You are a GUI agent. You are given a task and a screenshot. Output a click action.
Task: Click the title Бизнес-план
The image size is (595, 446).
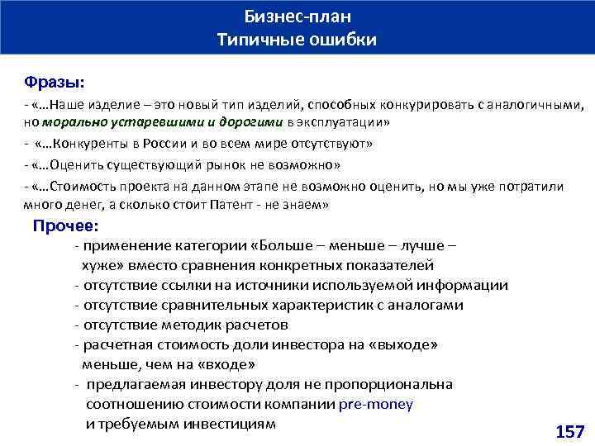[x=297, y=17]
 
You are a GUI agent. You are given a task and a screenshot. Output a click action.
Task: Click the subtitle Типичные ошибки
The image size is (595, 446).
[x=297, y=40]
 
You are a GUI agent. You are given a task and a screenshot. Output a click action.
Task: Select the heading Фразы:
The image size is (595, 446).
[x=54, y=83]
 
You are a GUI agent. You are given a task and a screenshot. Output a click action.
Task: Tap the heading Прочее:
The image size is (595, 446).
[x=65, y=225]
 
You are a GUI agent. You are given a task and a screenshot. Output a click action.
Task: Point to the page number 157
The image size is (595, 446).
[x=569, y=431]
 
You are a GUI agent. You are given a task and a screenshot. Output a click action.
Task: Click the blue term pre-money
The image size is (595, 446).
[x=376, y=405]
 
